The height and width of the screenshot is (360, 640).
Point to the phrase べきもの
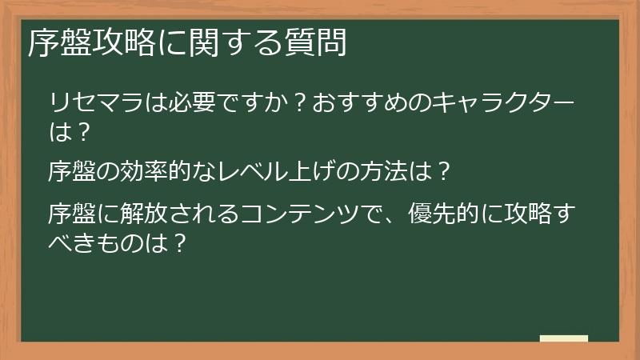point(96,242)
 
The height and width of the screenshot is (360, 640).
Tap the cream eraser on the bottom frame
point(563,339)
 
